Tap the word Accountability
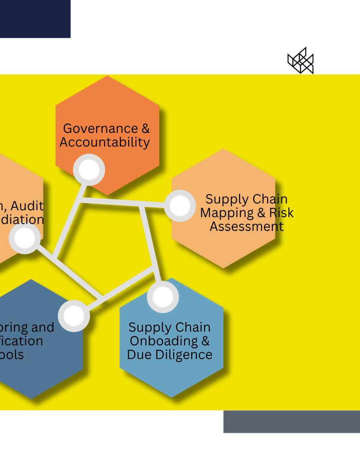(105, 142)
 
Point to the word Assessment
(247, 227)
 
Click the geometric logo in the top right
(301, 61)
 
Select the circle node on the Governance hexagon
(89, 170)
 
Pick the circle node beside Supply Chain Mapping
(180, 206)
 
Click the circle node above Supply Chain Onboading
(163, 297)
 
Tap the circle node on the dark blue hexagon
(74, 316)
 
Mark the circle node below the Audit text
(24, 238)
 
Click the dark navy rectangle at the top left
(35, 19)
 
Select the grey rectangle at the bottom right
(292, 421)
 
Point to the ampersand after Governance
(145, 129)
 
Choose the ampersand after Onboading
(205, 341)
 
